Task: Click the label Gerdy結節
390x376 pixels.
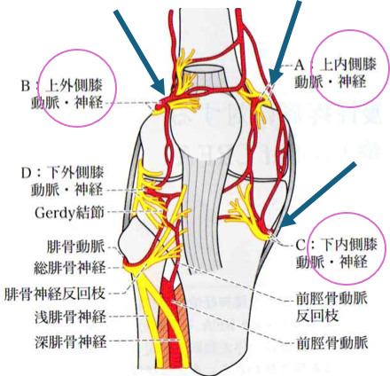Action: pyautogui.click(x=69, y=213)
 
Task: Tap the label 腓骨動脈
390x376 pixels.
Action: pyautogui.click(x=76, y=247)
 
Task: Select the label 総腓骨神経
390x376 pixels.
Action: pyautogui.click(x=69, y=268)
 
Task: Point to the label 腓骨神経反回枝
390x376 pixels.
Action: pyautogui.click(x=55, y=294)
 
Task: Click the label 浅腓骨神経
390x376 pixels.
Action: pyautogui.click(x=70, y=317)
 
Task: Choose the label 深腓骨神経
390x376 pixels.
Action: pyautogui.click(x=70, y=341)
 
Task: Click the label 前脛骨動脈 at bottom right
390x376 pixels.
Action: pyautogui.click(x=331, y=343)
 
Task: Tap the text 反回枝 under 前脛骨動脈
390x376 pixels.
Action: pyautogui.click(x=317, y=316)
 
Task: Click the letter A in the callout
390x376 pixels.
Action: pyautogui.click(x=300, y=66)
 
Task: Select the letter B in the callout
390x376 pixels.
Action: pyautogui.click(x=26, y=86)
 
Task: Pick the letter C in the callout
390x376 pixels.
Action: pyautogui.click(x=301, y=245)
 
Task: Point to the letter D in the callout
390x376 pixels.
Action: pyautogui.click(x=26, y=173)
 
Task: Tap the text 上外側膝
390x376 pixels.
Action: pyautogui.click(x=74, y=86)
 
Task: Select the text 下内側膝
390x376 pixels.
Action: pyautogui.click(x=349, y=245)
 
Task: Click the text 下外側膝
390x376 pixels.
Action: pyautogui.click(x=75, y=173)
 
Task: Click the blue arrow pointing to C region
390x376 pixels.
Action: pyautogui.click(x=318, y=195)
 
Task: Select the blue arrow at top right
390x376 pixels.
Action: pyautogui.click(x=285, y=43)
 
